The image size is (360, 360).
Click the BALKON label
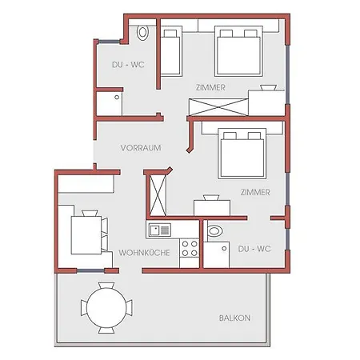(234, 318)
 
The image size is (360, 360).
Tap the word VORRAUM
(141, 148)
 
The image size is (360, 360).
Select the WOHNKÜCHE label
(144, 253)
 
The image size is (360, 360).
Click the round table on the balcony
(106, 308)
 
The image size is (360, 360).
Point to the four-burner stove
(190, 248)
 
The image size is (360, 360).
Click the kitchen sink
(160, 230)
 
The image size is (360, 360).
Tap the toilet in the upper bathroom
(142, 33)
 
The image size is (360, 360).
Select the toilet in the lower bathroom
(214, 231)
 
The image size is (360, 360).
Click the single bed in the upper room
(171, 51)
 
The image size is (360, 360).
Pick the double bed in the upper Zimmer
(238, 51)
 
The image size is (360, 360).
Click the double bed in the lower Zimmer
(242, 154)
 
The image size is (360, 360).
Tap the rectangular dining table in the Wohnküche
(86, 235)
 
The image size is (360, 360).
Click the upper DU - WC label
(128, 65)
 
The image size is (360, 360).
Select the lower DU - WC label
(254, 249)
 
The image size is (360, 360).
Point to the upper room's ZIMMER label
(210, 87)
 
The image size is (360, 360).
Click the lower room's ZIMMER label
(255, 192)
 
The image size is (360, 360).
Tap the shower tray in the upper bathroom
(109, 103)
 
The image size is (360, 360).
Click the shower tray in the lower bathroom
(216, 254)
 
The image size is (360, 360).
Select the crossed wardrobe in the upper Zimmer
(218, 107)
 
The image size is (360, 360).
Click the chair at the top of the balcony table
(106, 286)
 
